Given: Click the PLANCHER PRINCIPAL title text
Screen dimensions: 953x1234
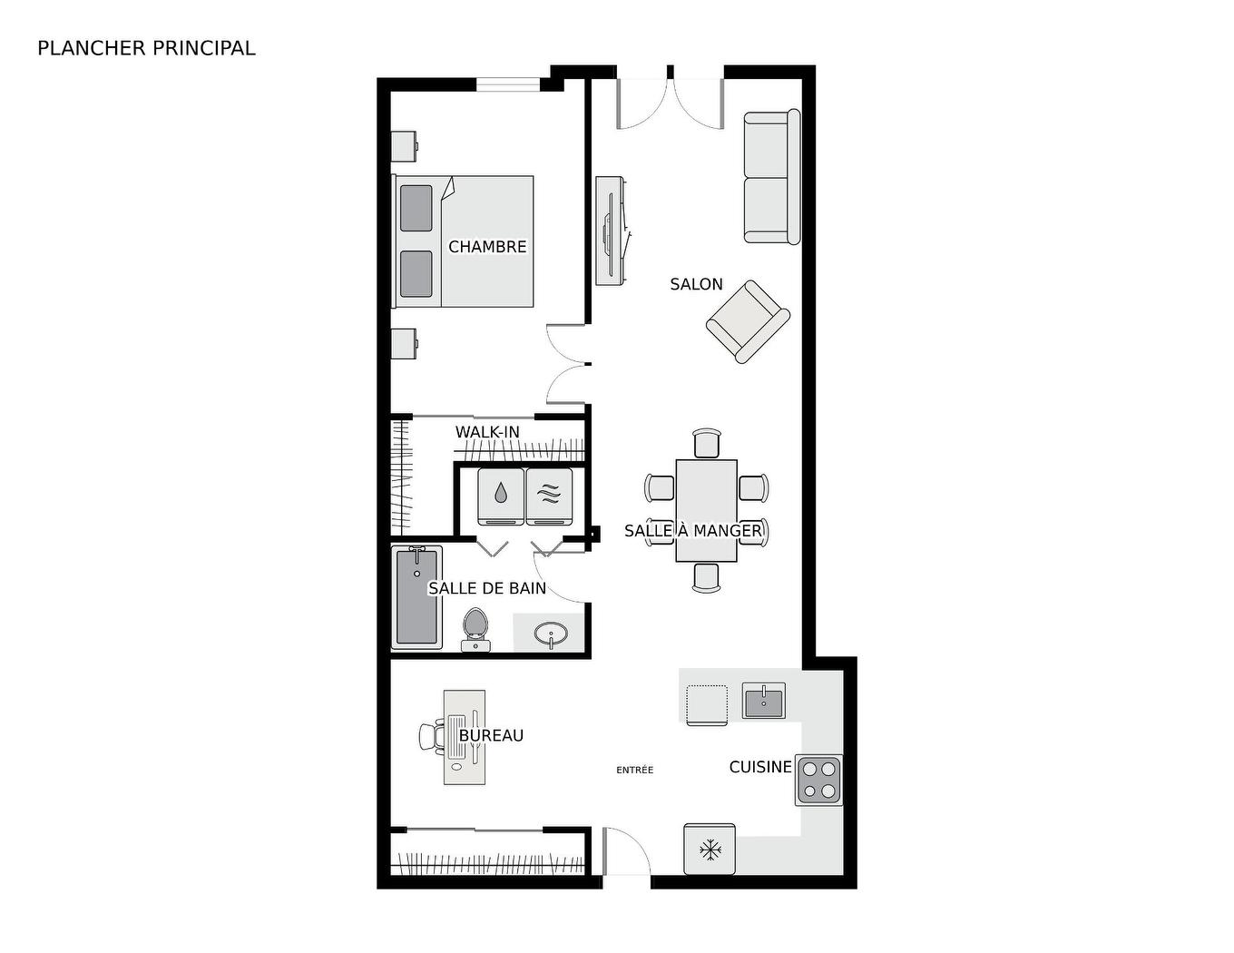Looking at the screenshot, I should click(146, 48).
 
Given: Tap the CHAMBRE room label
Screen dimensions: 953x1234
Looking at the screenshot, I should click(487, 247).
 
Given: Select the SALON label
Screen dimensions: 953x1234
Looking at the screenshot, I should click(696, 284).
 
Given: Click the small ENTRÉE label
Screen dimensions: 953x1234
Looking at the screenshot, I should click(634, 770).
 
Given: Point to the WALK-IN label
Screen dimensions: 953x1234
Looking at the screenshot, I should click(487, 432).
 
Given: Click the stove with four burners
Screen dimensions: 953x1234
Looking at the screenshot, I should click(819, 780).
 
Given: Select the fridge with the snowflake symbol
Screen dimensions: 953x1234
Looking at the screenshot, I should click(709, 850).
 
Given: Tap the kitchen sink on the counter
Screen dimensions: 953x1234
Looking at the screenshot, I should click(764, 700).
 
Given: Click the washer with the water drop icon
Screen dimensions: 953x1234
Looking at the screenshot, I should click(501, 496).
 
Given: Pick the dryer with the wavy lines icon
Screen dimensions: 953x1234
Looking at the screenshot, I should click(549, 496).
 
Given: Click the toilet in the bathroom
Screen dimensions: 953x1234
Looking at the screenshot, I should click(475, 628).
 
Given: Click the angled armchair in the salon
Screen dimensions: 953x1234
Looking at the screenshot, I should click(748, 321).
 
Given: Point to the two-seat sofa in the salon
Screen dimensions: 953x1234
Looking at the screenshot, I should click(771, 177).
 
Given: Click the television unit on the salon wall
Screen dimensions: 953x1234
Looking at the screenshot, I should click(611, 231).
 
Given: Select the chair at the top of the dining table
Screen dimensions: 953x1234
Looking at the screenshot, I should click(706, 444).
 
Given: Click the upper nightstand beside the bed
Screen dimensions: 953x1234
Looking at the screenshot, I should click(404, 146).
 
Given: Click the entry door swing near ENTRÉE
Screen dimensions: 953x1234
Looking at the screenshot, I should click(626, 853).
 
